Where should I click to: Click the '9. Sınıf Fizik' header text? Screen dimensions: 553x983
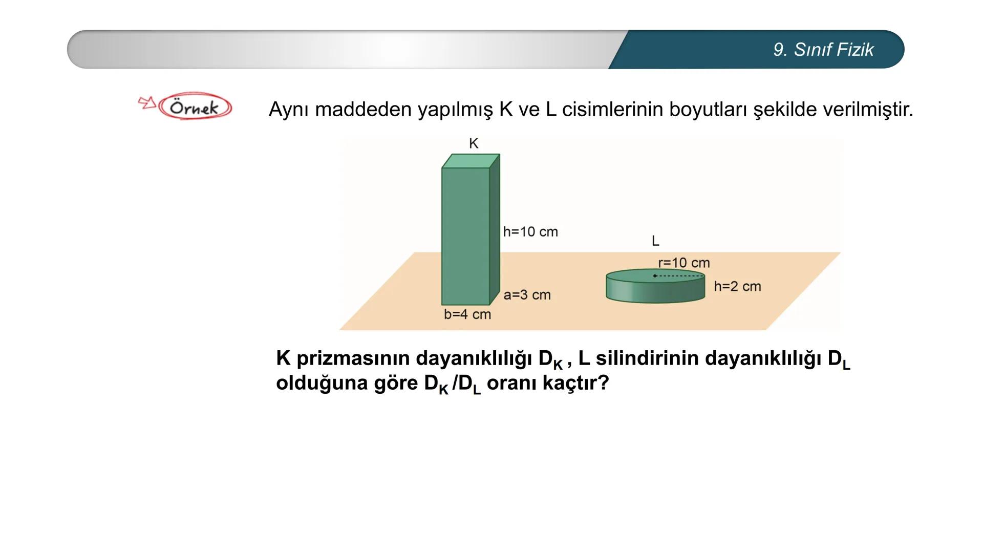point(823,50)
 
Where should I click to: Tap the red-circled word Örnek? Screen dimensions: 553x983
point(195,107)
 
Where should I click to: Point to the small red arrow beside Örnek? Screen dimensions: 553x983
point(147,102)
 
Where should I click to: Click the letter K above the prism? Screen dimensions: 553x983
point(474,143)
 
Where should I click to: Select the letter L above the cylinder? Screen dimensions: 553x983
point(655,241)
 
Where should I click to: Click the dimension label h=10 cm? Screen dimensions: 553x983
point(530,232)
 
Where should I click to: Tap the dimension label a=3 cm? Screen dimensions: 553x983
point(527,295)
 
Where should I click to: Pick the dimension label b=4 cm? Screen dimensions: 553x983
point(467,314)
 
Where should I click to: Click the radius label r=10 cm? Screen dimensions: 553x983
point(684,263)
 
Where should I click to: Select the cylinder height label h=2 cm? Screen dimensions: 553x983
point(737,287)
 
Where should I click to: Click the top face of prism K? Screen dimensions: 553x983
point(471,161)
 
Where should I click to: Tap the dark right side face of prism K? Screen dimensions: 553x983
point(494,230)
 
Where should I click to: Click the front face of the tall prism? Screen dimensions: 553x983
point(465,236)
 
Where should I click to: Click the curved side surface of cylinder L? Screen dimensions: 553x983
point(655,291)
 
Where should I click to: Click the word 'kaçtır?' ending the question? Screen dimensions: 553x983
point(575,383)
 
